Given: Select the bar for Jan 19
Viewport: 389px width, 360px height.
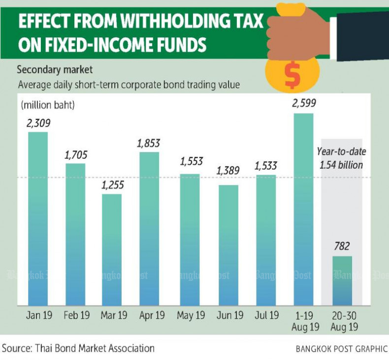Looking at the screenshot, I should (x=38, y=219).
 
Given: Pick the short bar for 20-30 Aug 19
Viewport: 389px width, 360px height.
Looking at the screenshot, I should (x=343, y=280).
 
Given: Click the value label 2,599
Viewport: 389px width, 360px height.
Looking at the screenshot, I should (x=303, y=103).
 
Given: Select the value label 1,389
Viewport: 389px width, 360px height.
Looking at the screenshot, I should (x=228, y=172).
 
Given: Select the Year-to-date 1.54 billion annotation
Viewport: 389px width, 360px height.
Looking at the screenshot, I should (x=342, y=158).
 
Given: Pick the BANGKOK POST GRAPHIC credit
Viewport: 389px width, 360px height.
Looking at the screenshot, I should (x=341, y=349).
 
